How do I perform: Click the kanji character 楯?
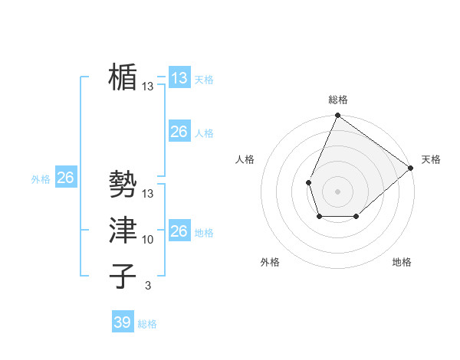click(x=123, y=77)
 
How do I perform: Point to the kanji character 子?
click(x=123, y=276)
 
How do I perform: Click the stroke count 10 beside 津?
click(x=148, y=240)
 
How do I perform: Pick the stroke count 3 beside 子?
click(x=148, y=286)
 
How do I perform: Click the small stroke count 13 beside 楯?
click(x=148, y=87)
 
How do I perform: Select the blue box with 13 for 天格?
click(x=179, y=78)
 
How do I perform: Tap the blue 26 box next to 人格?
click(x=179, y=132)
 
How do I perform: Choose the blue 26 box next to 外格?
click(x=65, y=178)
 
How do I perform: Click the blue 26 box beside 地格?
click(x=179, y=231)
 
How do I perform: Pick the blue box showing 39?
click(x=122, y=322)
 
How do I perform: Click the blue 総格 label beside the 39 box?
click(x=147, y=324)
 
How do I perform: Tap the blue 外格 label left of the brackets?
click(x=41, y=179)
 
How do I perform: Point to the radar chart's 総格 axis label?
click(x=337, y=100)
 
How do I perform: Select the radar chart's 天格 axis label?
click(x=431, y=159)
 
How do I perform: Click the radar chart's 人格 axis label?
click(x=245, y=159)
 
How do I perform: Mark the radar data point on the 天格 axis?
click(x=411, y=168)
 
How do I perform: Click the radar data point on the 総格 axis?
click(x=337, y=116)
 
